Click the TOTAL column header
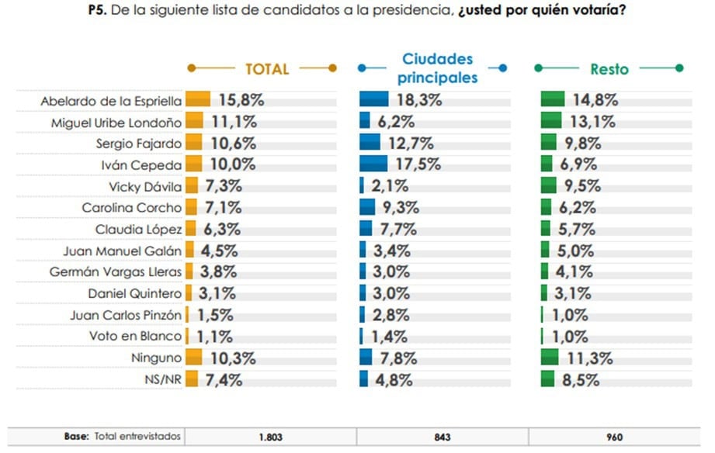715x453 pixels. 266,68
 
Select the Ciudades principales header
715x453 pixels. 436,68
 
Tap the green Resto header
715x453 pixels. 609,68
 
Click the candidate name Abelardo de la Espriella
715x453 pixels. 111,100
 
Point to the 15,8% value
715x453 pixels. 241,100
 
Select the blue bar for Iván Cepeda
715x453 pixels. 373,164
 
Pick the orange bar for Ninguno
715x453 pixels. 194,358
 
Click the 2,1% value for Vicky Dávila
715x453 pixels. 394,186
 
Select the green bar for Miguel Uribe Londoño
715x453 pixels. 551,121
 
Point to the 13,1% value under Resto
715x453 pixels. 594,121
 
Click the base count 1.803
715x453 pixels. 270,437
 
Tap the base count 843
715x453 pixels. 443,437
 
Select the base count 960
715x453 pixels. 614,437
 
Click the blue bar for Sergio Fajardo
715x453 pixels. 370,143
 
